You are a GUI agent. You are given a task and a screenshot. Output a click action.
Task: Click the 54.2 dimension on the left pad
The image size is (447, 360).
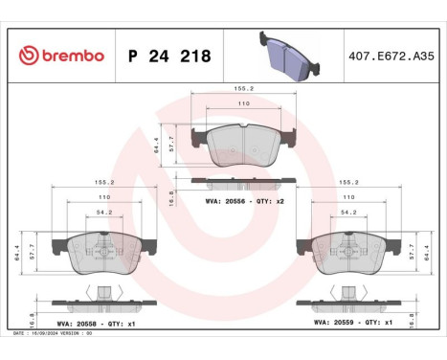click(x=104, y=212)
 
